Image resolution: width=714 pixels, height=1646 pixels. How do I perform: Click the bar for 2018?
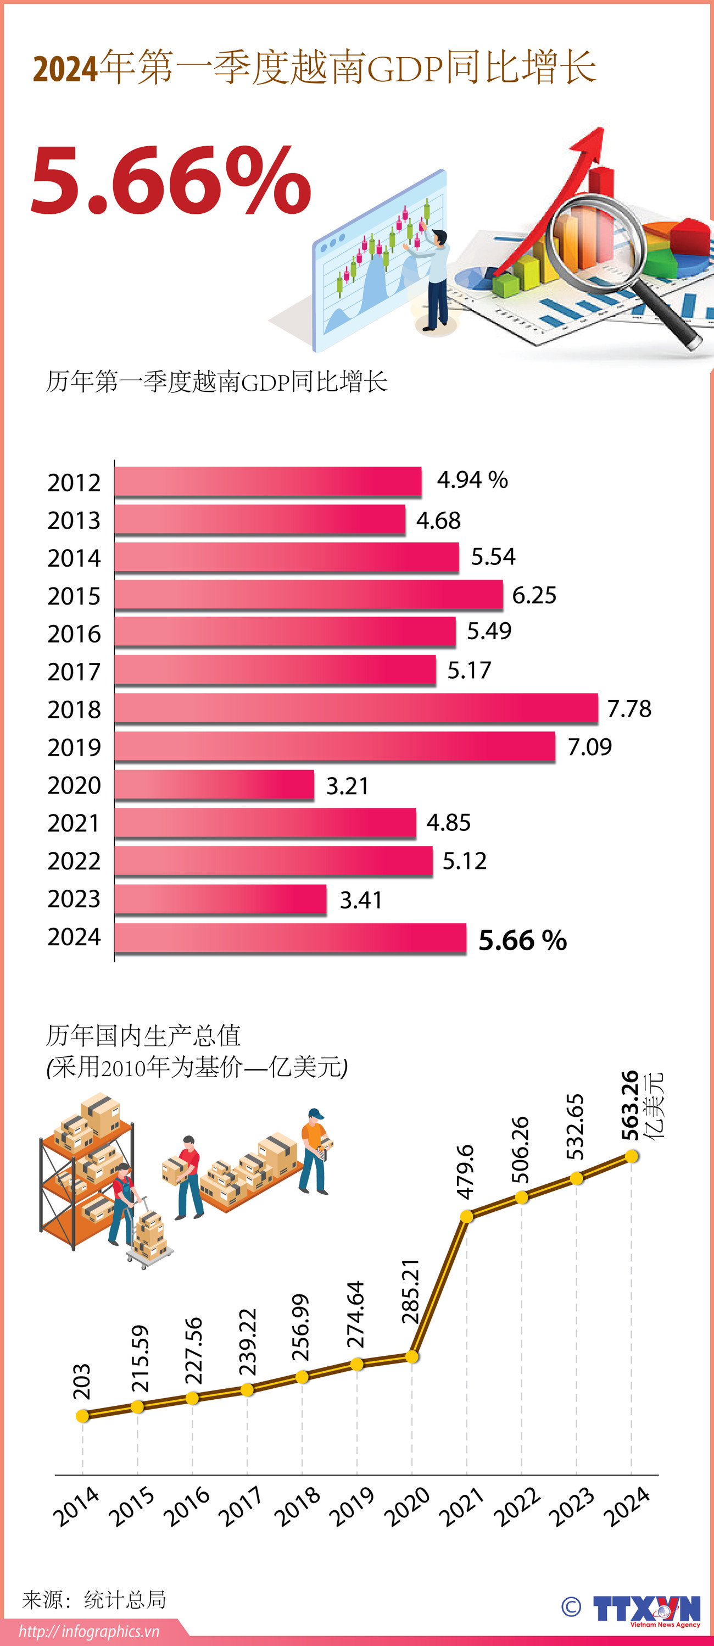[356, 708]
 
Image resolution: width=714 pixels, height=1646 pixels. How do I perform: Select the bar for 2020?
[214, 784]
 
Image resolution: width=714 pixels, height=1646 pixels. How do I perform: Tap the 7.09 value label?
[589, 746]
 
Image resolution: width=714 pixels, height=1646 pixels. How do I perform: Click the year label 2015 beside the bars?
[74, 596]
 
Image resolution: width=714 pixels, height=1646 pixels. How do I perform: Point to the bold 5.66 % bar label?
[522, 940]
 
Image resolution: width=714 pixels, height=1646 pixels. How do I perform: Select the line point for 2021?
[467, 1215]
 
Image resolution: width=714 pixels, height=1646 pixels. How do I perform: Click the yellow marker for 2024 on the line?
[632, 1155]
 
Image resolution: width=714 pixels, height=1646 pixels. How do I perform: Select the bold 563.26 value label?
[630, 1105]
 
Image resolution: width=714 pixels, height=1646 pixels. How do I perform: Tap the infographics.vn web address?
[89, 1631]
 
